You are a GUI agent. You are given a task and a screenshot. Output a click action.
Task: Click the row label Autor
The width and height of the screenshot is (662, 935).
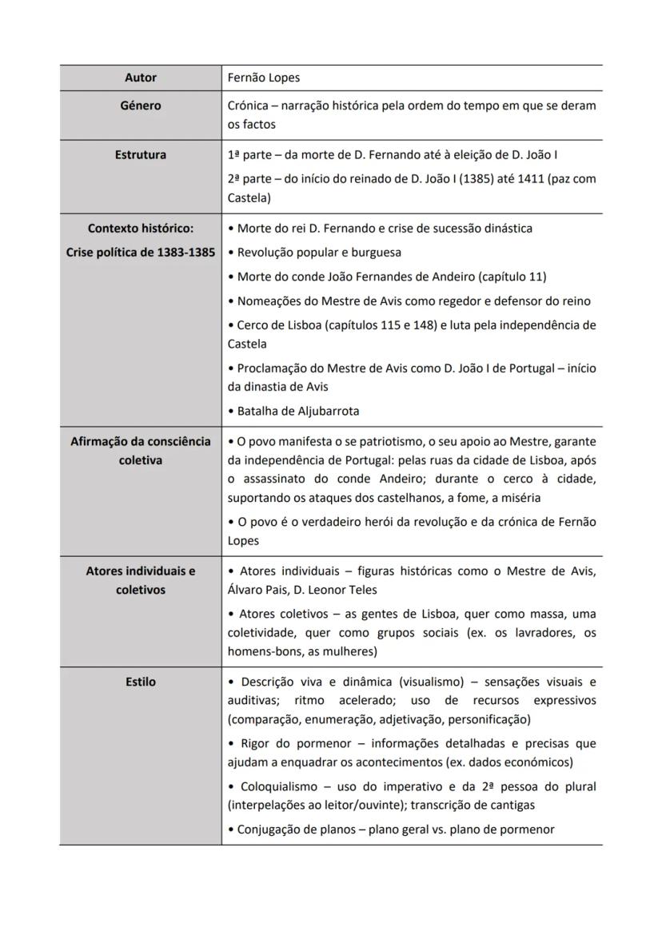coord(141,78)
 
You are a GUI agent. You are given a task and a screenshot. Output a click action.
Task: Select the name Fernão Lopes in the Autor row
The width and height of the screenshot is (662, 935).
coord(264,78)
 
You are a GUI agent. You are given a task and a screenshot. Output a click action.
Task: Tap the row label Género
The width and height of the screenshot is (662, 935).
coord(141,105)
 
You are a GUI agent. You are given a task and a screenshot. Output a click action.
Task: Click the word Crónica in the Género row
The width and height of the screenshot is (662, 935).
coord(249,105)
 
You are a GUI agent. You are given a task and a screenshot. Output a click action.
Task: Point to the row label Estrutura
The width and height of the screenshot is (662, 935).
coord(141,155)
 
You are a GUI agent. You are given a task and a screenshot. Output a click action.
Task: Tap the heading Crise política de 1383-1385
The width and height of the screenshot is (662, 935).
coord(141,253)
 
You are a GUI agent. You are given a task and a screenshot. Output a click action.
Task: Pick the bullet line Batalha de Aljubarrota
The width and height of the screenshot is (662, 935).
coord(298,412)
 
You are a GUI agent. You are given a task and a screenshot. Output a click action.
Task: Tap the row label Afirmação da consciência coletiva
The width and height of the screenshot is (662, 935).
coord(141,451)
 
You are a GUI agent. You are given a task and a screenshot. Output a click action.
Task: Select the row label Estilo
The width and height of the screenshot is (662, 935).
coord(141,682)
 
